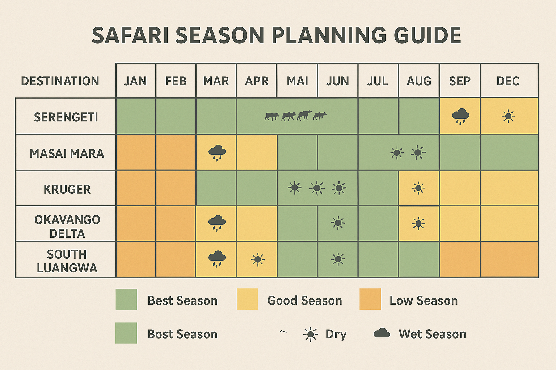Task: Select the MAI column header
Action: (x=297, y=81)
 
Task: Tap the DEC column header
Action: (x=508, y=81)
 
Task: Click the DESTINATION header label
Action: (x=60, y=81)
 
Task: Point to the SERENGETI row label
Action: (x=66, y=117)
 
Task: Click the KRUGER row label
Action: (x=67, y=189)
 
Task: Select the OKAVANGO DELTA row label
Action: (x=67, y=226)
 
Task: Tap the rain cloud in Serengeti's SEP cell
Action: (x=460, y=116)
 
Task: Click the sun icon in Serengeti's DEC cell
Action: (x=508, y=116)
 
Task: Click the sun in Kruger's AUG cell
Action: (x=418, y=188)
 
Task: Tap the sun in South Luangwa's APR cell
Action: (x=257, y=259)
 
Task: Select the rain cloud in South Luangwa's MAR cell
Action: (x=217, y=258)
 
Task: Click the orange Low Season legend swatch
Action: (x=370, y=299)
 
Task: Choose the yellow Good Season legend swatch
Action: (x=247, y=299)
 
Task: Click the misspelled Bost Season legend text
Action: (x=182, y=334)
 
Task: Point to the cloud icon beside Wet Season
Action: (x=382, y=333)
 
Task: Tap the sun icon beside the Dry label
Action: (x=310, y=334)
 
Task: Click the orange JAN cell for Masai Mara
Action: (x=136, y=152)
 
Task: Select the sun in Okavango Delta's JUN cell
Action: (x=338, y=223)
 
